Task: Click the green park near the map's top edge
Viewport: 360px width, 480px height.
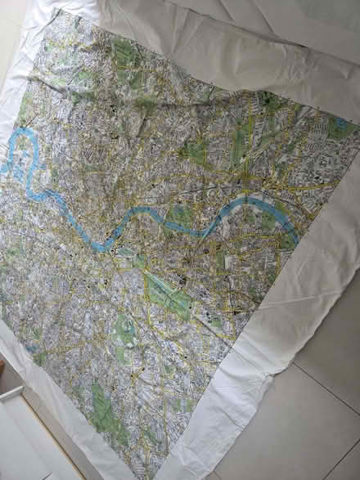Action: click(x=123, y=54)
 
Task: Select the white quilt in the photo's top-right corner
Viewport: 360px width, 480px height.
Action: click(x=303, y=33)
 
